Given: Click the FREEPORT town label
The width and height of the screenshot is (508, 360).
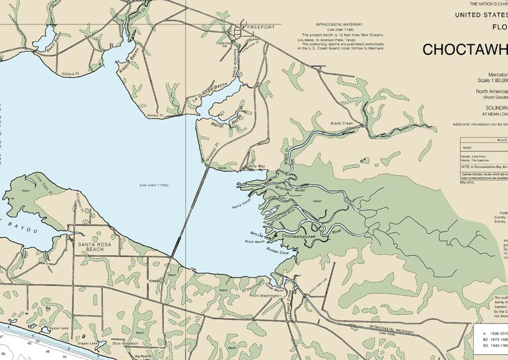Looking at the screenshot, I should coord(260,27).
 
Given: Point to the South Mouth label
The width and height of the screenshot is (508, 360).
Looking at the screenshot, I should coord(255,242).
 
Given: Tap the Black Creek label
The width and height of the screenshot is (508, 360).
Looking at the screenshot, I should coord(342,123).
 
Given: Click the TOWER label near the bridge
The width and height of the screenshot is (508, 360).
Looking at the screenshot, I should coord(154,279).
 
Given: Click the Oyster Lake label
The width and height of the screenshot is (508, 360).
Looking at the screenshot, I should coord(47,326).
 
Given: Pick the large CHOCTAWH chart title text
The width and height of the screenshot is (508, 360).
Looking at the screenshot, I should coord(464,49).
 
